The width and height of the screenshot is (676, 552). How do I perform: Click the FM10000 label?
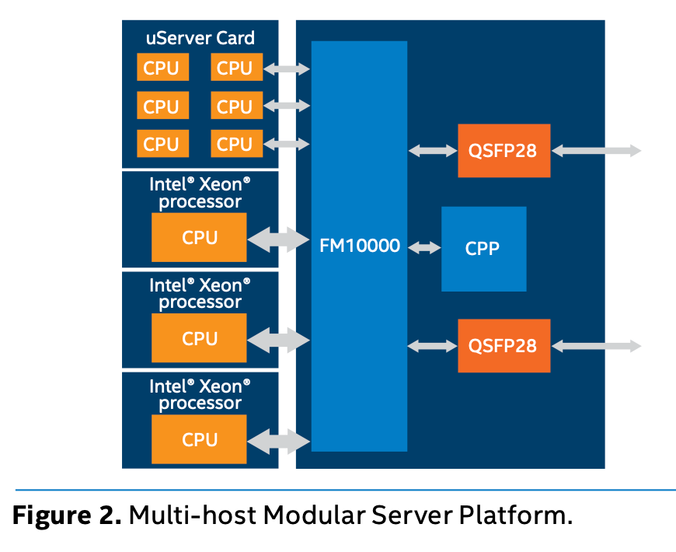pyautogui.click(x=360, y=246)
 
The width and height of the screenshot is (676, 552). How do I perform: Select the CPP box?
pyautogui.click(x=484, y=249)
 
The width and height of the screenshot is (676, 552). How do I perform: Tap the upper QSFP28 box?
pyautogui.click(x=504, y=151)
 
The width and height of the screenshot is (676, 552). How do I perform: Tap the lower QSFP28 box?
pyautogui.click(x=504, y=345)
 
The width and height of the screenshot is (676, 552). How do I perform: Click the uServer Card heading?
pyautogui.click(x=200, y=38)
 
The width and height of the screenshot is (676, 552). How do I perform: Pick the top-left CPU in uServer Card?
pyautogui.click(x=162, y=67)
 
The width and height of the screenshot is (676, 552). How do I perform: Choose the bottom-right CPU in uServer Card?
pyautogui.click(x=237, y=143)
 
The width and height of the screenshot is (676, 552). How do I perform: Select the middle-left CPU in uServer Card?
pyautogui.click(x=162, y=105)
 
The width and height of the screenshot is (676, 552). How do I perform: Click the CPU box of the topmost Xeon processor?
pyautogui.click(x=199, y=237)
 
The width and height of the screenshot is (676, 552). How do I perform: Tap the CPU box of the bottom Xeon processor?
pyautogui.click(x=199, y=439)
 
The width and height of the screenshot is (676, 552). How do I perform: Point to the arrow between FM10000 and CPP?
pyautogui.click(x=424, y=247)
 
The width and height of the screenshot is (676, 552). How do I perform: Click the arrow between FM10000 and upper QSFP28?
pyautogui.click(x=433, y=151)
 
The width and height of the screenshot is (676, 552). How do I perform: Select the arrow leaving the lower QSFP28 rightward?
pyautogui.click(x=596, y=345)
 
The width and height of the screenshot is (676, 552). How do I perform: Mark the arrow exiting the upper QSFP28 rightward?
pyautogui.click(x=596, y=151)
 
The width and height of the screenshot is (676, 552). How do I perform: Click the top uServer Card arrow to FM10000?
pyautogui.click(x=287, y=68)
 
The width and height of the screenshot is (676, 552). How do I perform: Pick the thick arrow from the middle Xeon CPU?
pyautogui.click(x=278, y=341)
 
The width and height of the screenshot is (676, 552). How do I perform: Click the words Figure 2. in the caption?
pyautogui.click(x=67, y=515)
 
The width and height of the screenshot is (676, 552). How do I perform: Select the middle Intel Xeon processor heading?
pyautogui.click(x=200, y=293)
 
